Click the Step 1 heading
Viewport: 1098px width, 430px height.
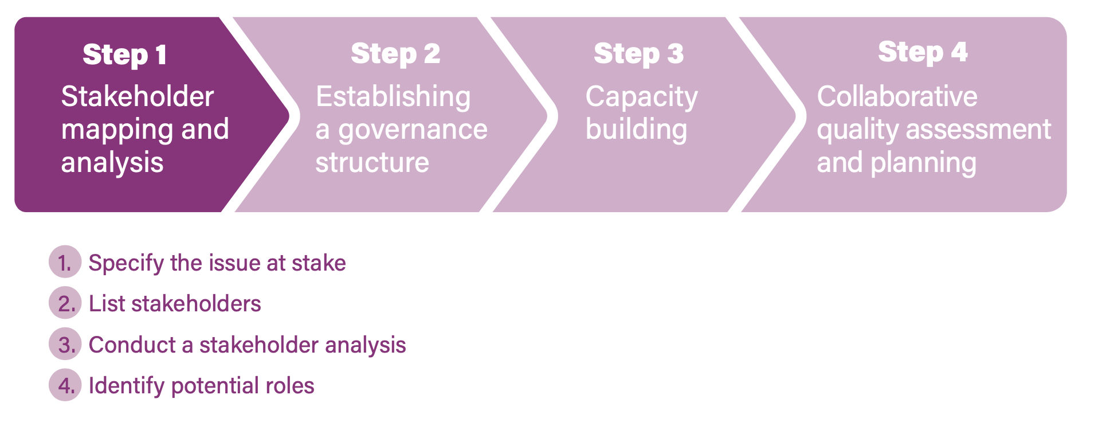pos(125,55)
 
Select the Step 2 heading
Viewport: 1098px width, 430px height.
pos(395,54)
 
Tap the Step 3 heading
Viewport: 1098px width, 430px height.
pos(638,54)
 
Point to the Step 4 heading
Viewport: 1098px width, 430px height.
pos(923,52)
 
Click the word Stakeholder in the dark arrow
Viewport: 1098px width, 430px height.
pos(138,96)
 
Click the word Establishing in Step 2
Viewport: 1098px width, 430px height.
pos(393,96)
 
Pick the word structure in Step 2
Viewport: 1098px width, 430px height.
pos(372,163)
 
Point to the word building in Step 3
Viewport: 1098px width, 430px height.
pos(636,130)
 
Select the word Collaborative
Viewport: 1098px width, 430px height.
pos(897,96)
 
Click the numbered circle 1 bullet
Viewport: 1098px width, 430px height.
pos(65,263)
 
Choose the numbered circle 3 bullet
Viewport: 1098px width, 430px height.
pos(65,345)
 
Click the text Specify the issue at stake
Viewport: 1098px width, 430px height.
pos(217,263)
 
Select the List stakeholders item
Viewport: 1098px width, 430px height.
pos(175,304)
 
